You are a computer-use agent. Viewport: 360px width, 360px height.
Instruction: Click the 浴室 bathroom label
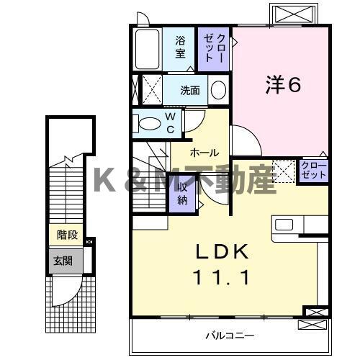[x=180, y=47]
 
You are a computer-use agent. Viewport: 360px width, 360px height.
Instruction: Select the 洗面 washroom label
[x=190, y=91]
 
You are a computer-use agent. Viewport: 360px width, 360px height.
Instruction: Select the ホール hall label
[x=204, y=153]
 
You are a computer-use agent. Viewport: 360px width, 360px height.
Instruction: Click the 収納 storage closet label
[x=183, y=194]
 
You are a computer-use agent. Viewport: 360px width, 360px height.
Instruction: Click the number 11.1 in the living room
[x=223, y=277]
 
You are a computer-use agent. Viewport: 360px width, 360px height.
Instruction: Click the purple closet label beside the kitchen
[x=314, y=171]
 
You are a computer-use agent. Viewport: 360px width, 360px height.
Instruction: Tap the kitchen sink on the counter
[x=284, y=225]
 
